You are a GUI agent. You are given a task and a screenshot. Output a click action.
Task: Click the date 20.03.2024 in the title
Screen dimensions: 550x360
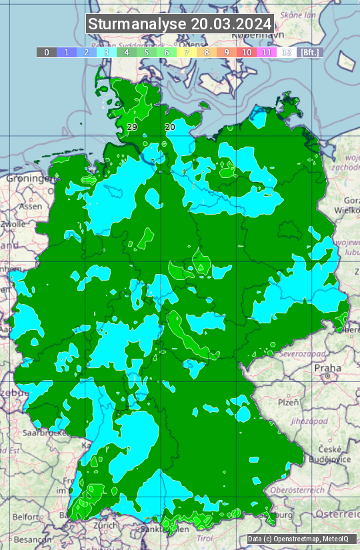pyautogui.click(x=231, y=24)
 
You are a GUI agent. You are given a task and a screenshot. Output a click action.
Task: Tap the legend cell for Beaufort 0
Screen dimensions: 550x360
pyautogui.click(x=46, y=52)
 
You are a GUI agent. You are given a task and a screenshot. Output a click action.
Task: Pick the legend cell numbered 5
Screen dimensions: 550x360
pyautogui.click(x=147, y=52)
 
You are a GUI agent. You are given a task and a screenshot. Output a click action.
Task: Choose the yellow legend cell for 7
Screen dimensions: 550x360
pyautogui.click(x=187, y=52)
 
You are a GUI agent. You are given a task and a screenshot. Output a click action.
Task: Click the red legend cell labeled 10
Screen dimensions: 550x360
pyautogui.click(x=247, y=52)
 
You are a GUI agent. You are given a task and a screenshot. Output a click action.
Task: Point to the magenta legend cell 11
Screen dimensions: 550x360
pyautogui.click(x=267, y=52)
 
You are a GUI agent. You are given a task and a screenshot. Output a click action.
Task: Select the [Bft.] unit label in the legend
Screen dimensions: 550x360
pyautogui.click(x=309, y=52)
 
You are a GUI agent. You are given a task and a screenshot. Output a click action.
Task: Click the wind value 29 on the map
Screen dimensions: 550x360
pyautogui.click(x=132, y=127)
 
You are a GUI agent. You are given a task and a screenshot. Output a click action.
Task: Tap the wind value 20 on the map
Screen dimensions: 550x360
pyautogui.click(x=170, y=127)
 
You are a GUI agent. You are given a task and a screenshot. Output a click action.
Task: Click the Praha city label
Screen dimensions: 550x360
pyautogui.click(x=327, y=367)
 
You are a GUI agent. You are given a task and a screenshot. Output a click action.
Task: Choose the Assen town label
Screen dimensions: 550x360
pyautogui.click(x=29, y=207)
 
